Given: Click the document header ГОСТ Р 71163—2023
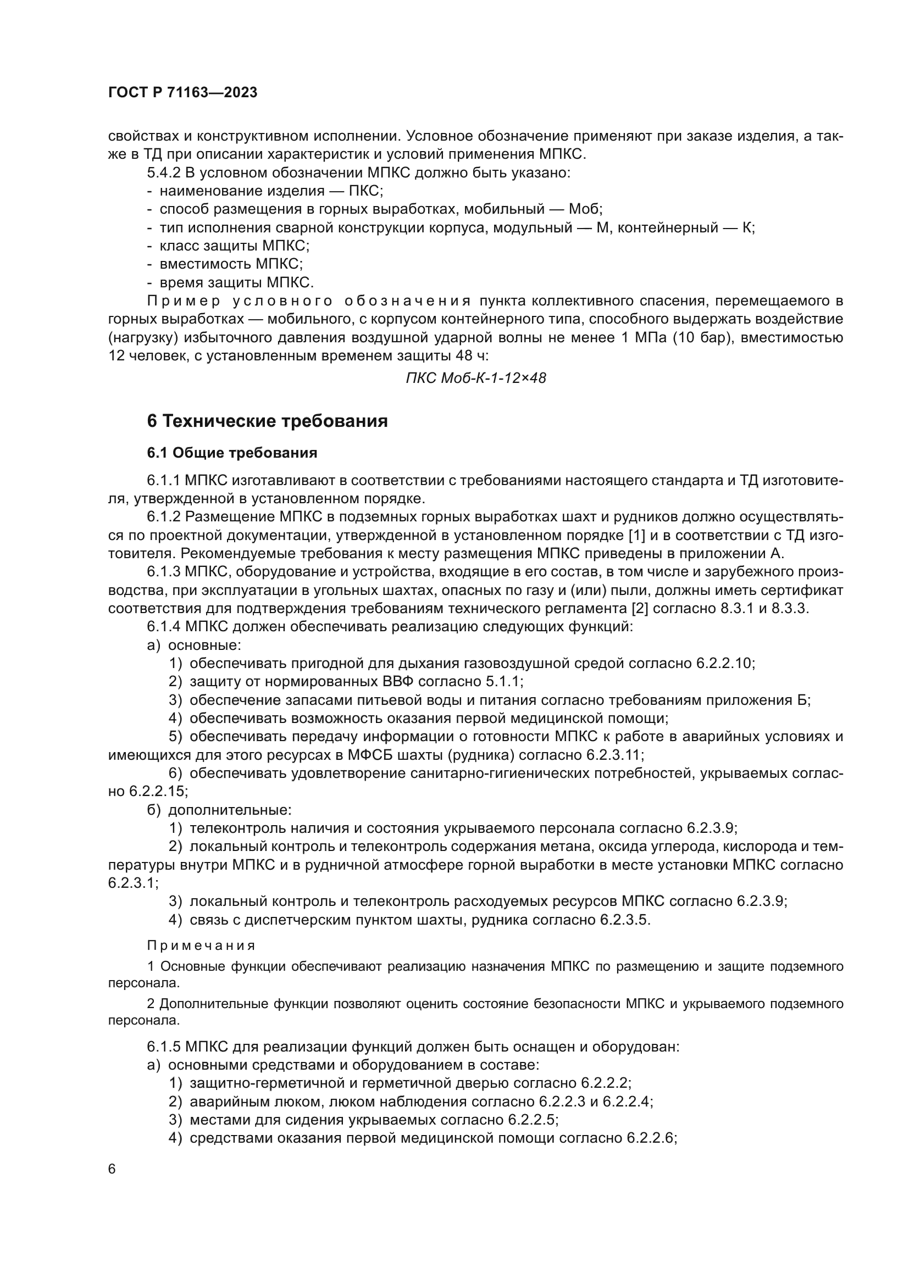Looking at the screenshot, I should click(x=182, y=93).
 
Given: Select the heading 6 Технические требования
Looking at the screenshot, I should click(x=267, y=421).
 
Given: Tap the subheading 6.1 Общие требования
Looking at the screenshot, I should click(x=232, y=453).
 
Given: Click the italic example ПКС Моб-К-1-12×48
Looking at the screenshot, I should click(x=476, y=379).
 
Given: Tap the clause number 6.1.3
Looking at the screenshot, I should click(x=164, y=572).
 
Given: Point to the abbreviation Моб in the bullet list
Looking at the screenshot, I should click(x=583, y=210).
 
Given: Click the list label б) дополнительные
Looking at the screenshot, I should click(x=219, y=810).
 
